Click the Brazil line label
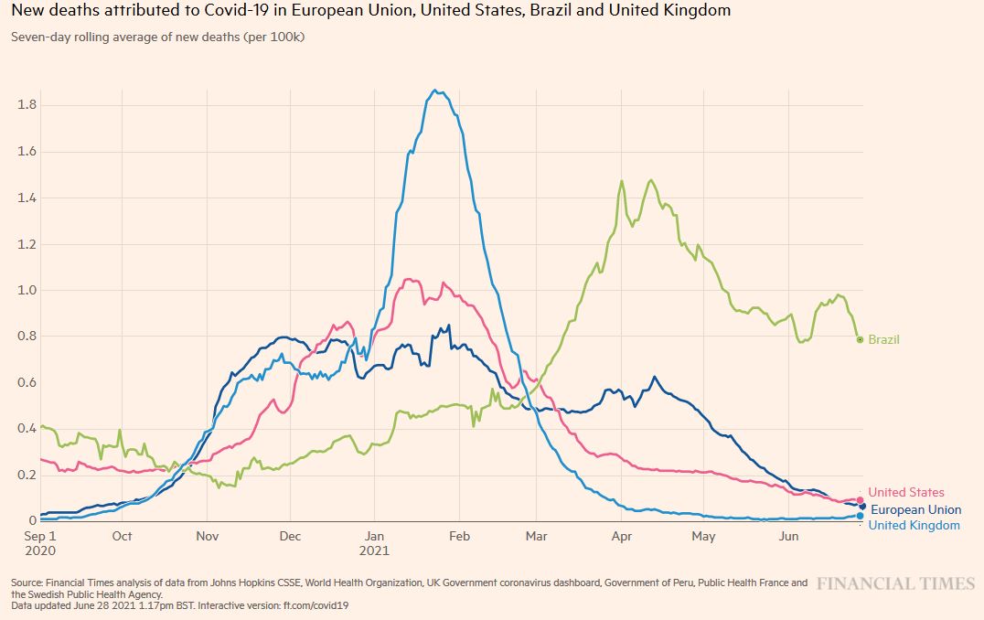tap(883, 339)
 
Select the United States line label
tap(905, 493)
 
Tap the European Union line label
tap(915, 509)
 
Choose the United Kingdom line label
tap(914, 525)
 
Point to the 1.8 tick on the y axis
tap(27, 105)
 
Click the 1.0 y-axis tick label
tap(27, 290)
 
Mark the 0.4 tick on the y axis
tap(27, 428)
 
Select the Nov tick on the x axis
tap(207, 536)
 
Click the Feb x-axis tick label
tap(459, 536)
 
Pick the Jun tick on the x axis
tap(787, 536)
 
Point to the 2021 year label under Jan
tap(374, 551)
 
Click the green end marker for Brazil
tap(860, 339)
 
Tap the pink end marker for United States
tap(860, 500)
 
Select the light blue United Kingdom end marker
tap(861, 516)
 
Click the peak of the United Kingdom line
tap(436, 91)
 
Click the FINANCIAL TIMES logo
tap(896, 583)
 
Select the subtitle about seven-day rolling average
tap(158, 37)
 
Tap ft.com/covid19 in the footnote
tap(317, 604)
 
